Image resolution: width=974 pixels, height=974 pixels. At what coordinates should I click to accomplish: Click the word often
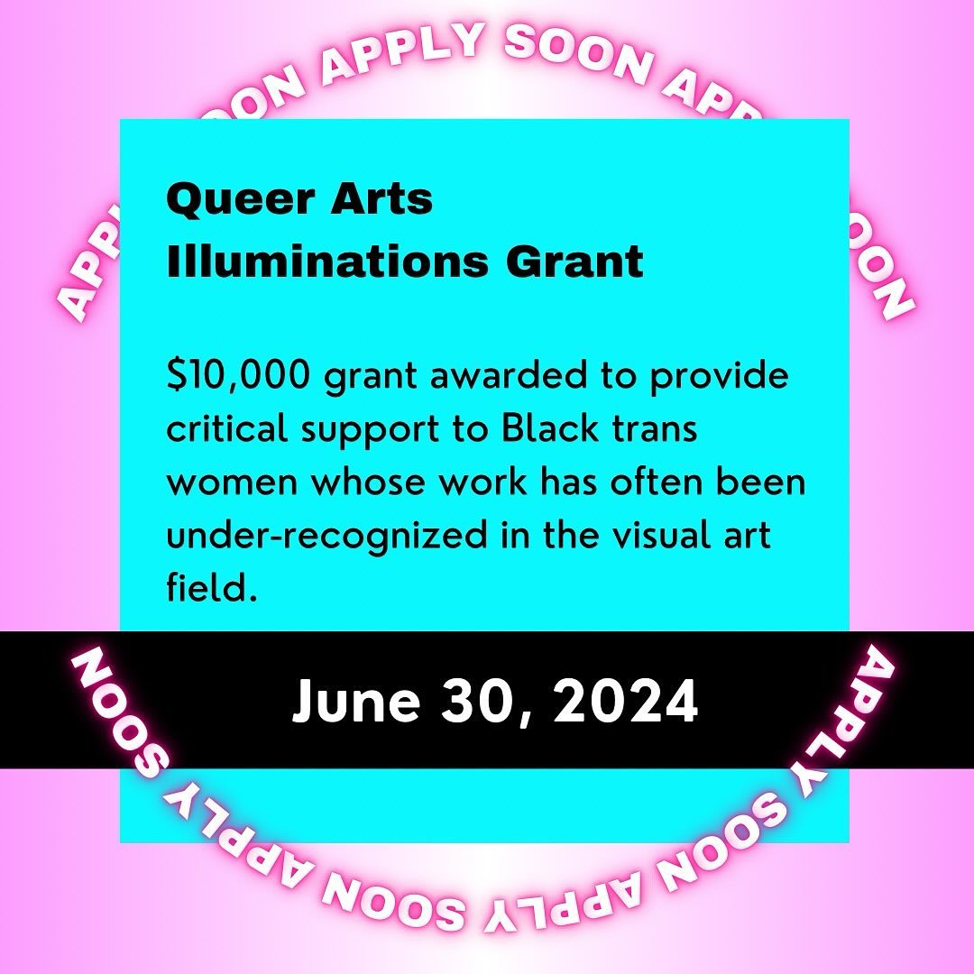tap(650, 482)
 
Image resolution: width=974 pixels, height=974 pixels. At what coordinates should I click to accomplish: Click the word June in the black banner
tap(356, 702)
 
